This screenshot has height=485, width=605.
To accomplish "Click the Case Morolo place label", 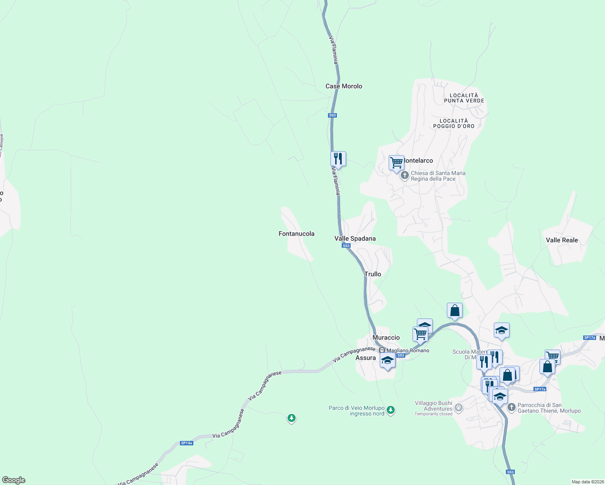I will pos(344,86).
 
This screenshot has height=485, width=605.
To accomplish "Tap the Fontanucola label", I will pos(296,234).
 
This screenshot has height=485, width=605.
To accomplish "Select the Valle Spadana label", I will pos(355,238).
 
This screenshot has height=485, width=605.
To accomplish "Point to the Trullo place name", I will pos(372,274).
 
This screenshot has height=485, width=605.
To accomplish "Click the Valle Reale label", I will pos(562,240).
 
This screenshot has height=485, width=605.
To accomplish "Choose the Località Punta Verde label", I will pos(464,98).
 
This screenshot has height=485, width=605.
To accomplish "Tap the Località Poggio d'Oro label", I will pos(454,123).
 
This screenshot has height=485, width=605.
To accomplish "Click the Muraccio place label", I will pos(386,337).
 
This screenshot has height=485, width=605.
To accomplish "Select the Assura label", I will pos(366,358).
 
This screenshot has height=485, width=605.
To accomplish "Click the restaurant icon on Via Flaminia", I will pos(338,158).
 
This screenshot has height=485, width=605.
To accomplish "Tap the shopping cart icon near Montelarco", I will pos(396,162).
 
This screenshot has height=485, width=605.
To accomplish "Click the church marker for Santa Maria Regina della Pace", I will pos(404,176).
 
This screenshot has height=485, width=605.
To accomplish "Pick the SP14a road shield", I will pos(186,443).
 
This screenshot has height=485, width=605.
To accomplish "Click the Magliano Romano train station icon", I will pos(382,350).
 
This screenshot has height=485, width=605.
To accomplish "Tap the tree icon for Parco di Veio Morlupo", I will pos(390,410).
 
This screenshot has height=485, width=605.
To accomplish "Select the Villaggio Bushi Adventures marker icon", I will pos(458,407).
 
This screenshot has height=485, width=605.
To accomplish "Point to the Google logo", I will pos(14,480).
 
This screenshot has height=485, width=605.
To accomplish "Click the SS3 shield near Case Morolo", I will pos(332,115).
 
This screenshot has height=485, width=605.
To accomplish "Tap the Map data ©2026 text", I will pos(587,482).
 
